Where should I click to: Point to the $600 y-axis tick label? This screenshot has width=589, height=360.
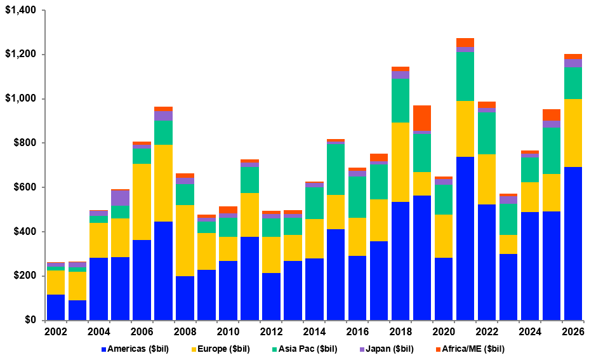23,187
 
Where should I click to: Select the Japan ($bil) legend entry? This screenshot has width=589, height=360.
390,349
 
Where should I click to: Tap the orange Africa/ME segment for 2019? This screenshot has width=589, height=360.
422,118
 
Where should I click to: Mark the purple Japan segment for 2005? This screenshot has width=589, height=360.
121,197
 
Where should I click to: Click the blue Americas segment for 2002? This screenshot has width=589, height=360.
56,307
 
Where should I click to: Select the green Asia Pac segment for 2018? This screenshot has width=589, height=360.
400,100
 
